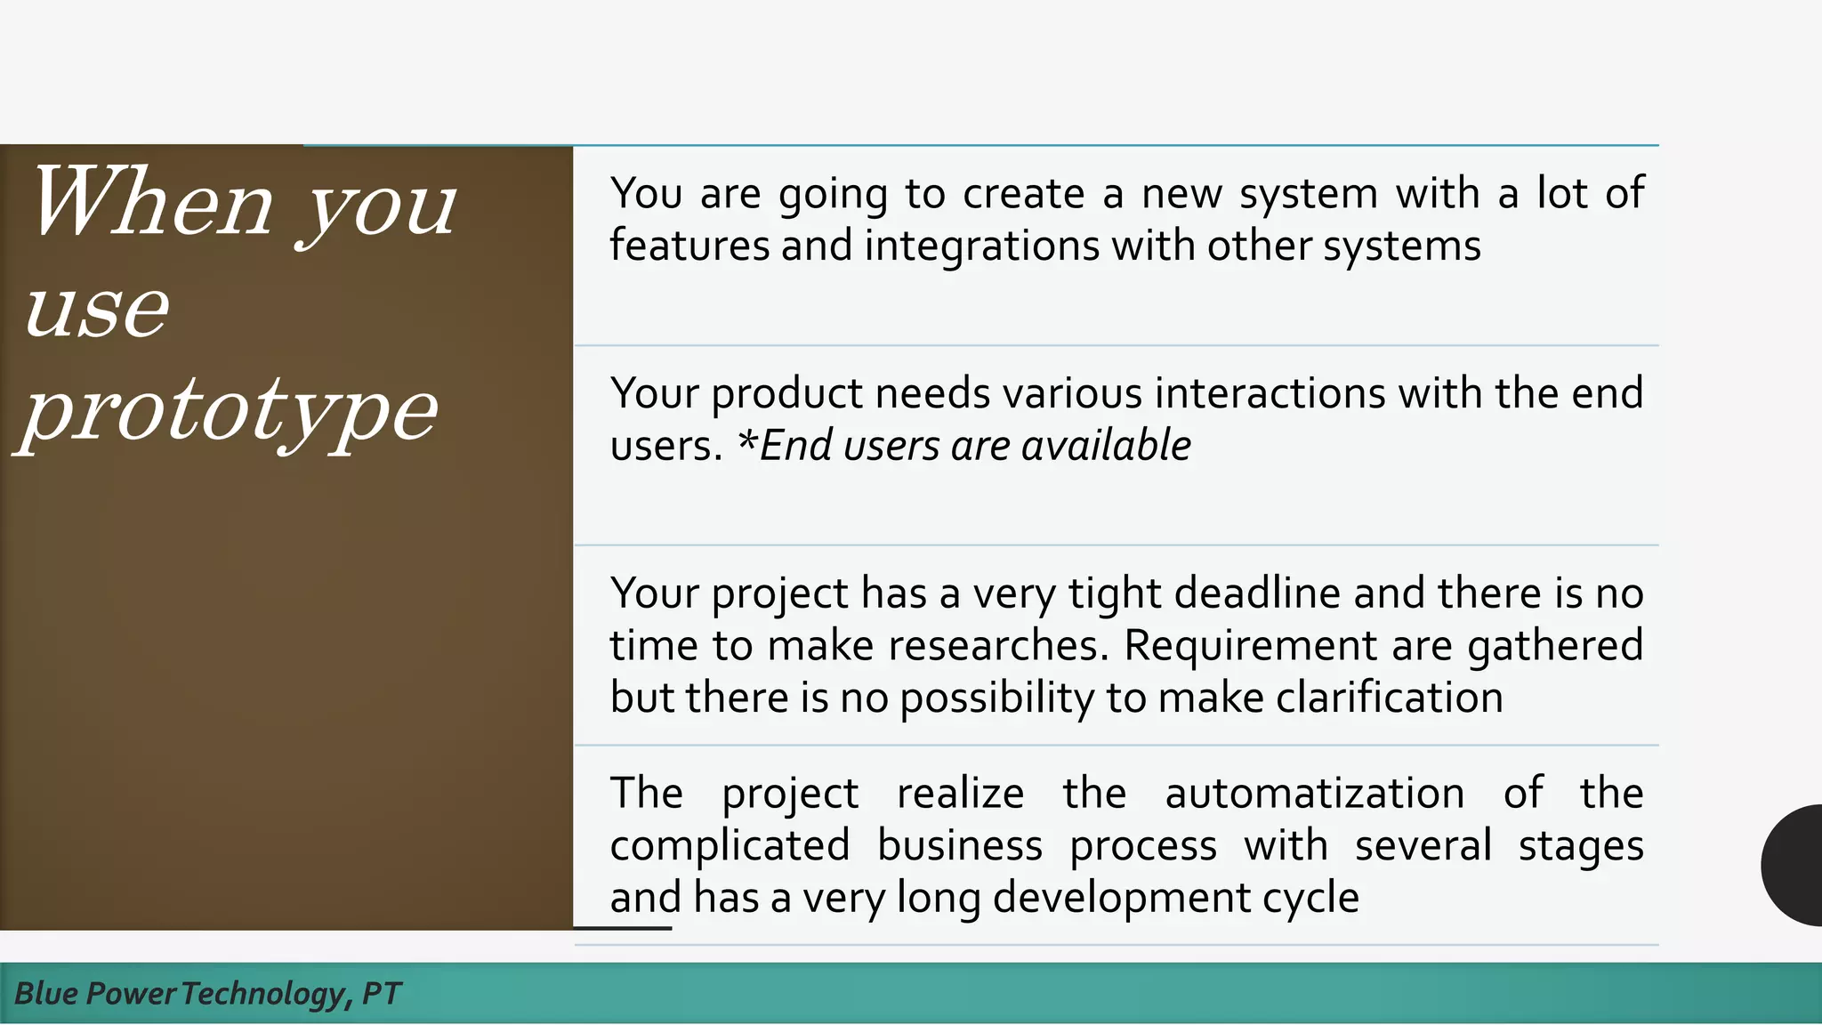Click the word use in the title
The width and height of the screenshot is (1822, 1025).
[x=96, y=310]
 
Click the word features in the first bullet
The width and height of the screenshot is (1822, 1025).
[x=689, y=246]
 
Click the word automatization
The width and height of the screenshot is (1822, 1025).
[x=1314, y=794]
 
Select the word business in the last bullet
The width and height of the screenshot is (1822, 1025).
[x=959, y=846]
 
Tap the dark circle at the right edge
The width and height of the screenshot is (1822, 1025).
[x=1795, y=865]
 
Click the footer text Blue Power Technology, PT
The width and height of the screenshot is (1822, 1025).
[x=207, y=994]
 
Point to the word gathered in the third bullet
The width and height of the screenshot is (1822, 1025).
[x=1554, y=646]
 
